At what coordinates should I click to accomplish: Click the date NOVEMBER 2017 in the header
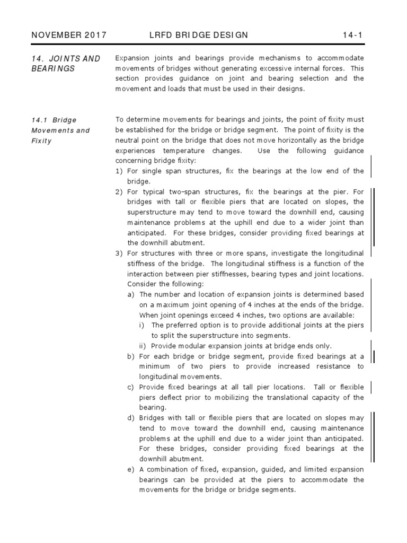coord(69,36)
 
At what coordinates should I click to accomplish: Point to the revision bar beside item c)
coord(370,387)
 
